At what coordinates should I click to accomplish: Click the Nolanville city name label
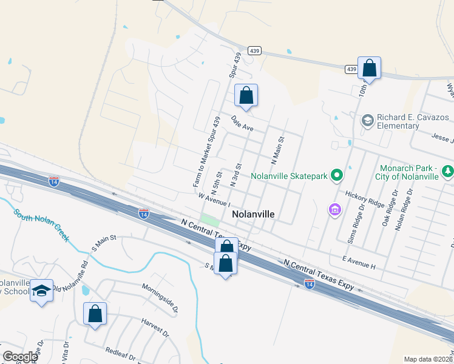[x=253, y=215]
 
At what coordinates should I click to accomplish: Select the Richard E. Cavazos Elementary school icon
[x=367, y=121]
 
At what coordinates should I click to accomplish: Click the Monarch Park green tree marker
[x=448, y=172]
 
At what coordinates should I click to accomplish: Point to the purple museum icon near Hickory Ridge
[x=334, y=210]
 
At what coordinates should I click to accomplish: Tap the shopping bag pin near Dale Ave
[x=246, y=96]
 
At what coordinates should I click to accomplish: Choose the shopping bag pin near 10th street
[x=369, y=69]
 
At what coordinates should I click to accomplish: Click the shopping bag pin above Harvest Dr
[x=95, y=314]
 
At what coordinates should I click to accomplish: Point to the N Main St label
[x=277, y=151]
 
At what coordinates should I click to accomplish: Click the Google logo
[x=20, y=357]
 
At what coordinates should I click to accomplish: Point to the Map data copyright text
[x=428, y=359]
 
